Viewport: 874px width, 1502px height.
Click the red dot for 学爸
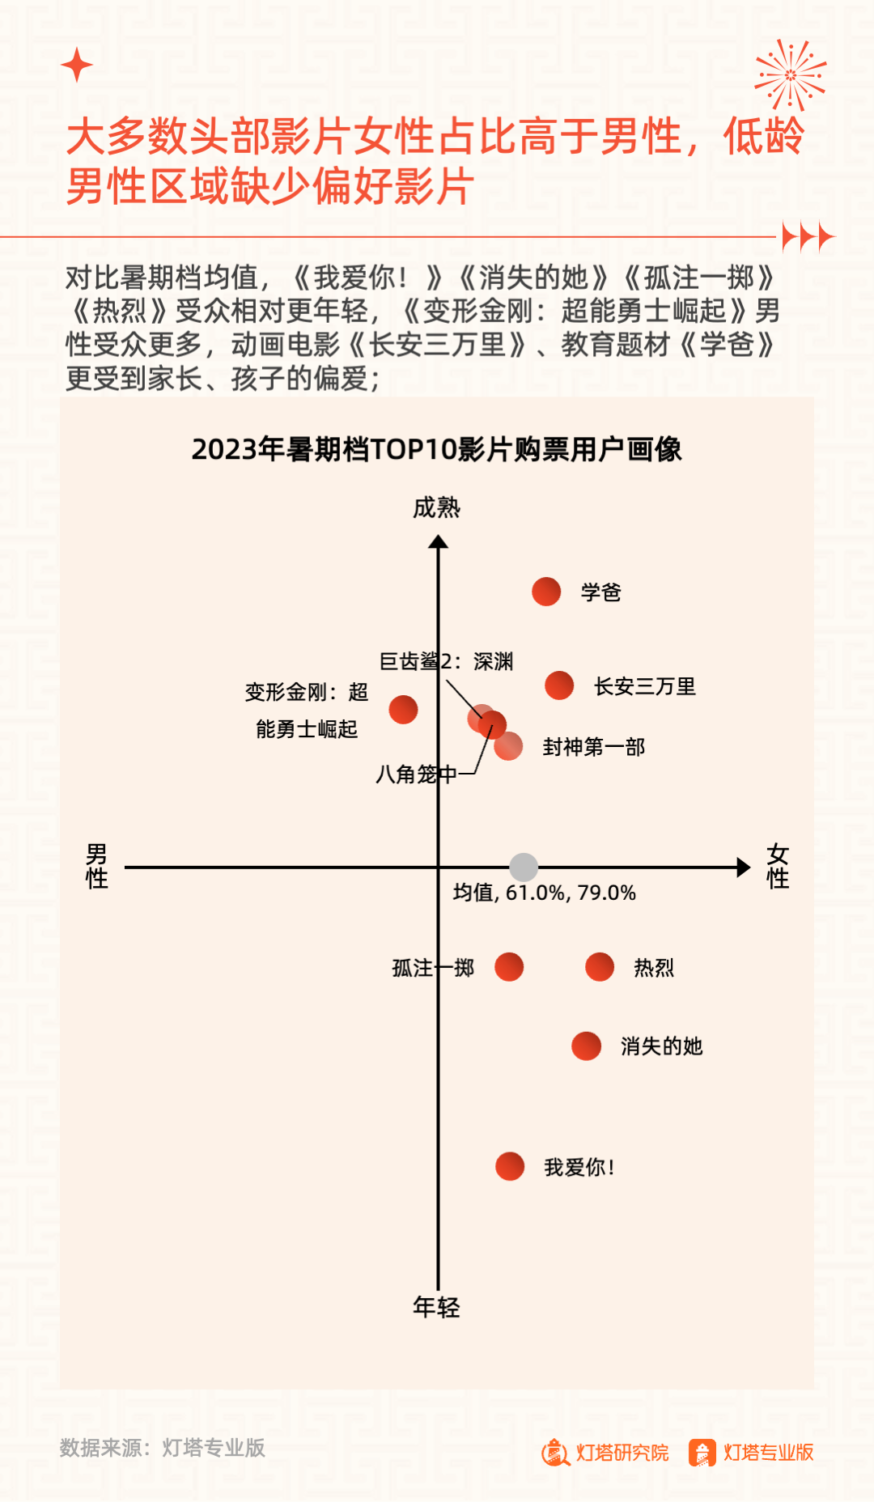click(546, 592)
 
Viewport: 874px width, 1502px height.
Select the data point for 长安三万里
click(559, 685)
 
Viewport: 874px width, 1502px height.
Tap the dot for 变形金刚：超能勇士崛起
click(403, 710)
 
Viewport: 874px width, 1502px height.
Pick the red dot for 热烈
click(600, 966)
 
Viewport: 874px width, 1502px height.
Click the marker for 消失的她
click(586, 1046)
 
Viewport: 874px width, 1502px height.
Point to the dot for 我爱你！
click(510, 1166)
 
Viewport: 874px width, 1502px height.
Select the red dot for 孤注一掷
click(509, 966)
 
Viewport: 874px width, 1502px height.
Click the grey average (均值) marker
click(524, 867)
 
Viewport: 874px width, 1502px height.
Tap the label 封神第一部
click(593, 747)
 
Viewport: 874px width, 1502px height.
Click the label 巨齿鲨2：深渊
click(446, 661)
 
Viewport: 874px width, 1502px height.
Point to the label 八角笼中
click(416, 774)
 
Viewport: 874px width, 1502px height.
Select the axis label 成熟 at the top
click(436, 507)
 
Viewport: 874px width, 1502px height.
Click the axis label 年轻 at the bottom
click(436, 1307)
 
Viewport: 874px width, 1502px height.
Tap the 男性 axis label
click(96, 866)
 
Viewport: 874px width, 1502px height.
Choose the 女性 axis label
click(778, 866)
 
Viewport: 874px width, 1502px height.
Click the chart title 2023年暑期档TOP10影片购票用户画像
click(436, 449)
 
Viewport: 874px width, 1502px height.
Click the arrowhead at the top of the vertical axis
click(438, 542)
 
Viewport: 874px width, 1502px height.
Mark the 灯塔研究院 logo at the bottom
click(605, 1453)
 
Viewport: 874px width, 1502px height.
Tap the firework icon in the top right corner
click(790, 74)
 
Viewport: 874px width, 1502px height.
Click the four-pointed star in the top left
click(77, 65)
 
